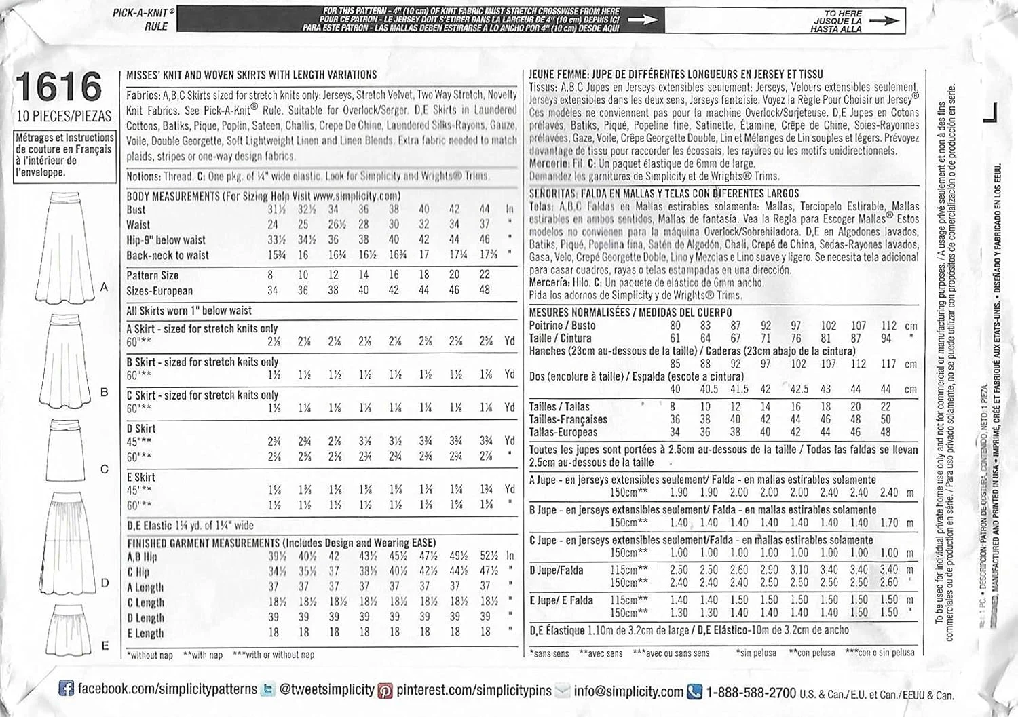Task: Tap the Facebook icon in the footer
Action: coord(66,690)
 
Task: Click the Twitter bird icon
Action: coord(268,690)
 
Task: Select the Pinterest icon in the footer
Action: coord(385,691)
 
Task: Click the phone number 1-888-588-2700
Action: coord(751,693)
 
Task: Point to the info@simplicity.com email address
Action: coord(628,692)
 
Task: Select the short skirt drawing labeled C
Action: coord(64,450)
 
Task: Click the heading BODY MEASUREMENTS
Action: coord(173,196)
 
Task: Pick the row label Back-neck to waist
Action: coord(168,256)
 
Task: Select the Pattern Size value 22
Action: coord(484,275)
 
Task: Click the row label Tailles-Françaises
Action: coord(568,419)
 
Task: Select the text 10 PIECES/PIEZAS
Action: coord(64,117)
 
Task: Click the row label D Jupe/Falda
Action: coord(556,570)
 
